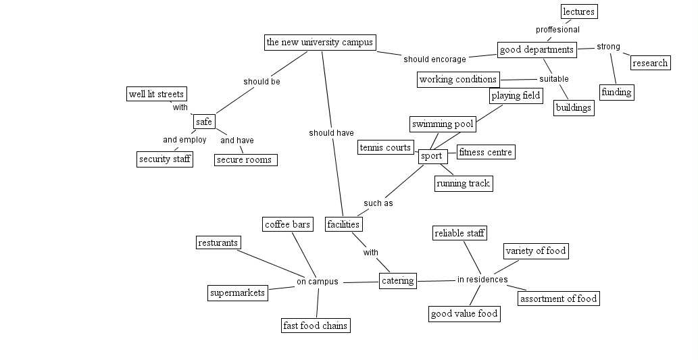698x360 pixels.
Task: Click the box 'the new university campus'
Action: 320,43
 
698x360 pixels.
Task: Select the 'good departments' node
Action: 537,49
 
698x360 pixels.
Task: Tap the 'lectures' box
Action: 579,11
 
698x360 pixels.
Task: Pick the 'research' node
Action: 650,63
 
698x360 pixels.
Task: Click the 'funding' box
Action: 616,92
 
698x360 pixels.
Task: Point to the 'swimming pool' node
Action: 443,124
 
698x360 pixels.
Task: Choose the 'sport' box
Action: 431,156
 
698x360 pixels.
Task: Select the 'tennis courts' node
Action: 385,147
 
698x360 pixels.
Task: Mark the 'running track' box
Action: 463,183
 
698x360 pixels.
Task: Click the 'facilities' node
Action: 343,224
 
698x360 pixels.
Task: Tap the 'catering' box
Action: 397,281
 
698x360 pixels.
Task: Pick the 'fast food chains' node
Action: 316,326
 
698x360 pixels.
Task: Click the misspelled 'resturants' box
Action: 218,242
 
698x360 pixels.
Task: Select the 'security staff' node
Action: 164,159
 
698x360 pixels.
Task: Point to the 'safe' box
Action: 203,122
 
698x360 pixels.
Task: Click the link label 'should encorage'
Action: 434,59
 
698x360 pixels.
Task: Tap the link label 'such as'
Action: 378,203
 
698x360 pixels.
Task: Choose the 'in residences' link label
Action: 482,280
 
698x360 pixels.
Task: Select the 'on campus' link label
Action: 318,282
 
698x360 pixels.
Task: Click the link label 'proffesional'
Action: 557,30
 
